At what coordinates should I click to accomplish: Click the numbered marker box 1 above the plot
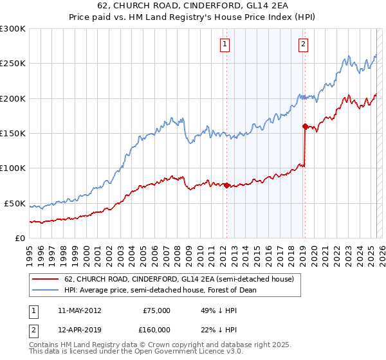click(x=225, y=44)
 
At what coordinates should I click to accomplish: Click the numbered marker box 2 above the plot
click(x=302, y=44)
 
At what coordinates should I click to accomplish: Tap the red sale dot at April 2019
click(x=304, y=127)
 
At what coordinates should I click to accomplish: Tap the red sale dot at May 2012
click(x=226, y=186)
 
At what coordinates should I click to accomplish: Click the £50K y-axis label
click(x=15, y=203)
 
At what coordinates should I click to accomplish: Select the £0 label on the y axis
click(x=20, y=238)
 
